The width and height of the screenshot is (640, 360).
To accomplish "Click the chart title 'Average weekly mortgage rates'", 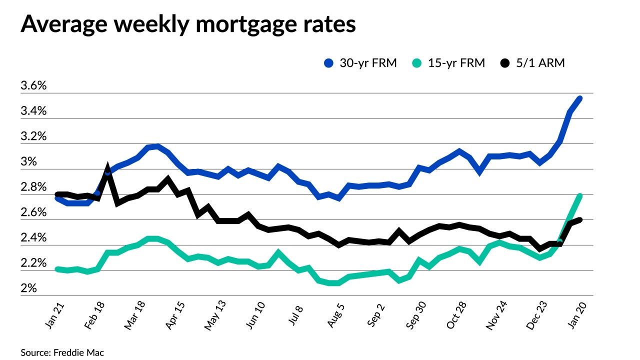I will click(188, 23).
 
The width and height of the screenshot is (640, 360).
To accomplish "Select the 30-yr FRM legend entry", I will click(360, 63).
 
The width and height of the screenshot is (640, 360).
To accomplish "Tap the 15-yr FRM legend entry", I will click(449, 63).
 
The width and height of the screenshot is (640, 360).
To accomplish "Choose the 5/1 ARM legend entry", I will click(533, 63).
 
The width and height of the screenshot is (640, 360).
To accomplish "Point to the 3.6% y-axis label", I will click(33, 86).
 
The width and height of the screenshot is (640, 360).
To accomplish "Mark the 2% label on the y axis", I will click(28, 289).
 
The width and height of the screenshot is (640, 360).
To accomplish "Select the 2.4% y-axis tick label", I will click(33, 238).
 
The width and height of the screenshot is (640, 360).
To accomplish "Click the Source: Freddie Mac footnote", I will click(62, 352).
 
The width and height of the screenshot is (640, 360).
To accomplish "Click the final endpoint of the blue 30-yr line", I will click(579, 98).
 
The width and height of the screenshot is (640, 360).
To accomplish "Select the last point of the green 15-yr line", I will click(580, 195).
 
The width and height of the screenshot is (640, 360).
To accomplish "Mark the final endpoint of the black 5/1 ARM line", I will click(579, 219).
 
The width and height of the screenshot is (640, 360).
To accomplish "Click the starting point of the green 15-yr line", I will click(58, 269).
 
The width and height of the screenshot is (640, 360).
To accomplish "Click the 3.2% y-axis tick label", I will click(33, 136).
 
